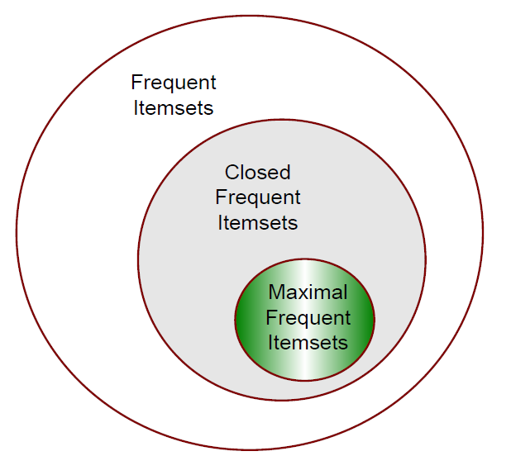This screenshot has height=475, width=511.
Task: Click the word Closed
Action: tap(258, 173)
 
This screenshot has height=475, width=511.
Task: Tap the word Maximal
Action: tap(308, 293)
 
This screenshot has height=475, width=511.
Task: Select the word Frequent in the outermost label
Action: tap(174, 83)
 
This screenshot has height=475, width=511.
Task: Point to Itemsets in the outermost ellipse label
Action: tap(173, 108)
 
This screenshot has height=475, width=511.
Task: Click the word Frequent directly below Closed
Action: tap(258, 198)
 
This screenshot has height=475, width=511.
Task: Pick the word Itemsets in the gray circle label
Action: tap(258, 223)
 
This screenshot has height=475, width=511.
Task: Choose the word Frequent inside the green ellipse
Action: tap(308, 318)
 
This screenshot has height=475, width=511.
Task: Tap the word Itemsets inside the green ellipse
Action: tap(308, 343)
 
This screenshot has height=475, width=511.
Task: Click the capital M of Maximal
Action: tap(275, 293)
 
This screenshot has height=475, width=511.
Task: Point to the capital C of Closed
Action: tap(232, 173)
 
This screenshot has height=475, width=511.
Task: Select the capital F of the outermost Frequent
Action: tap(136, 83)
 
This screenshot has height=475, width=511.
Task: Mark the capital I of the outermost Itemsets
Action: tap(136, 108)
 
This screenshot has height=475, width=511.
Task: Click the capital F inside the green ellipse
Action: tap(270, 318)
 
